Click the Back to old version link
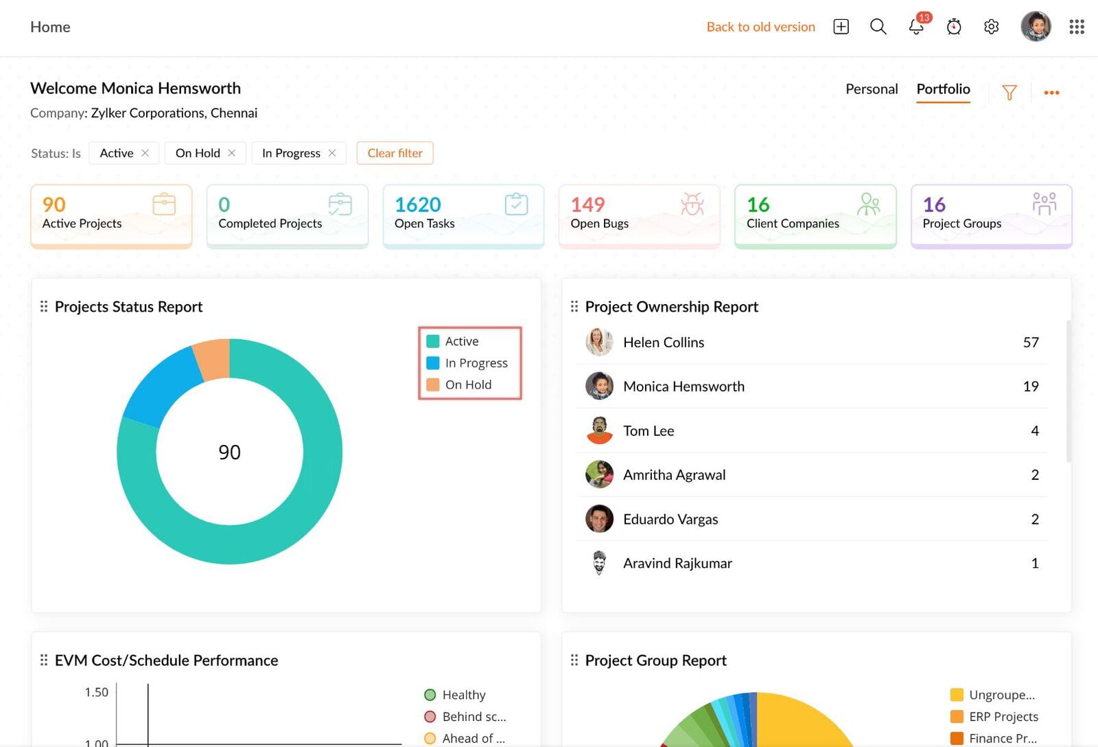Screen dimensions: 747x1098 click(x=760, y=27)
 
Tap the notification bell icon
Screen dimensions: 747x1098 click(x=916, y=27)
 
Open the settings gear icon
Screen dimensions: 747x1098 click(x=991, y=27)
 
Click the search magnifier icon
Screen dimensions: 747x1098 click(x=878, y=27)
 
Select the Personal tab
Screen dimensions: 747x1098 click(x=871, y=89)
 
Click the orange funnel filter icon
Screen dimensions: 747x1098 click(x=1009, y=92)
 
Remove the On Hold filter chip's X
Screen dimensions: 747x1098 click(x=232, y=153)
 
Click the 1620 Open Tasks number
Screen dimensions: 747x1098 click(x=417, y=205)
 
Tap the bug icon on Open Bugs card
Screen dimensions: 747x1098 click(x=692, y=204)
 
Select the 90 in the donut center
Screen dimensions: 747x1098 click(x=229, y=452)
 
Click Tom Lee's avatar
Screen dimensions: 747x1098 click(x=599, y=430)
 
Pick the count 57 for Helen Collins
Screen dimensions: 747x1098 click(x=1030, y=343)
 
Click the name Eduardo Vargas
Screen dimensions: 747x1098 click(x=670, y=520)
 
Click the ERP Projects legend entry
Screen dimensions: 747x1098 click(x=1003, y=717)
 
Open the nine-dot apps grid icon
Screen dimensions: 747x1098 click(x=1076, y=27)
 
